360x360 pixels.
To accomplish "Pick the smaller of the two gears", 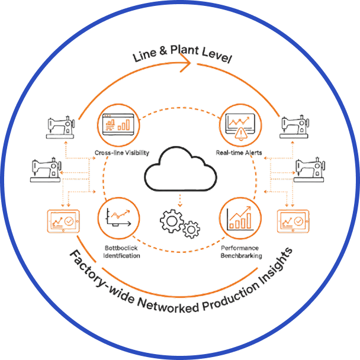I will point(191,229).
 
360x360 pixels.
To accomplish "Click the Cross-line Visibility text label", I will point(122,153).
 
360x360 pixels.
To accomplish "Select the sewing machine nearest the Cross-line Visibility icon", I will point(62,126).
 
